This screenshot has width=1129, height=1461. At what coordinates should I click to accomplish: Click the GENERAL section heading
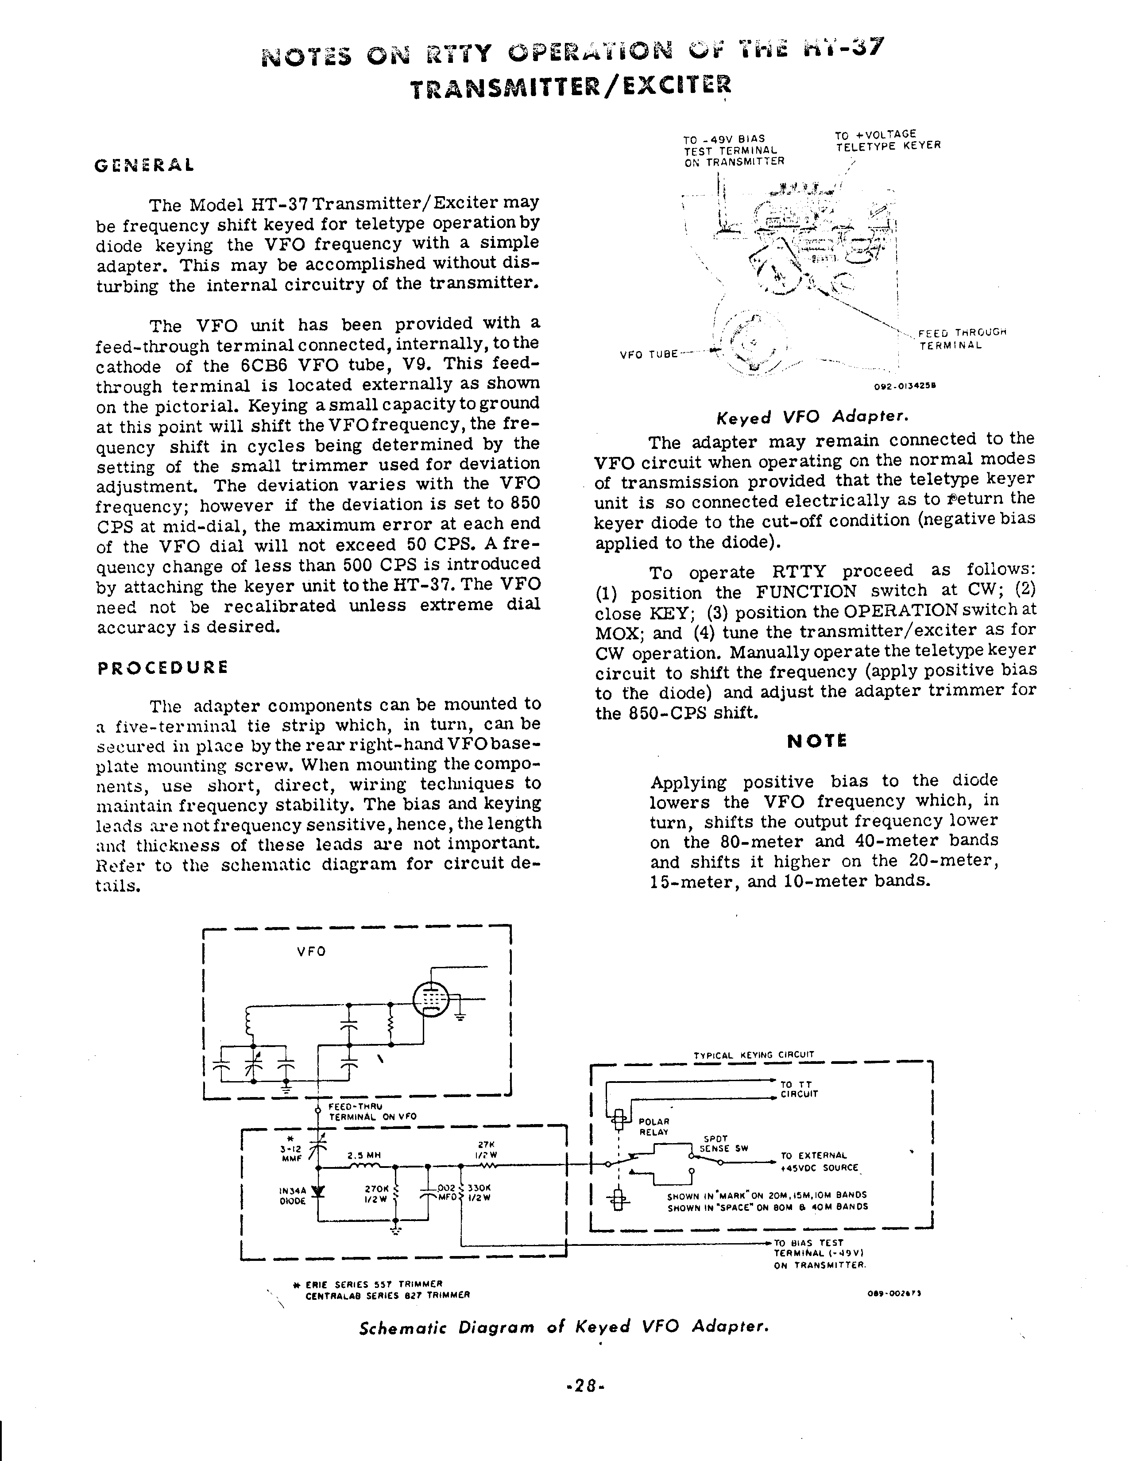coord(144,165)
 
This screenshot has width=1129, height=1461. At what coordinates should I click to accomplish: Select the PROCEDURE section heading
coord(162,668)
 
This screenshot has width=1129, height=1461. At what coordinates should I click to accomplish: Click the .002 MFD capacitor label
coord(446,1193)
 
